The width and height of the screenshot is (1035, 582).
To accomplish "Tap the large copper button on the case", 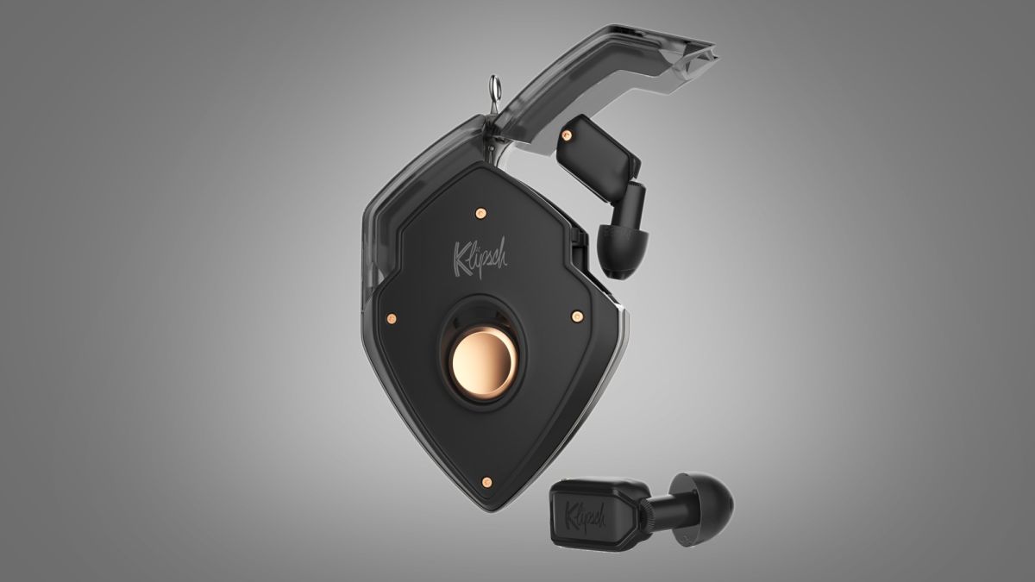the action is (x=483, y=359).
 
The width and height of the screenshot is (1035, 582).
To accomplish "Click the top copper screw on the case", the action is (x=480, y=213).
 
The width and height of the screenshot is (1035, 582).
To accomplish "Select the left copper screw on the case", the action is (x=392, y=318).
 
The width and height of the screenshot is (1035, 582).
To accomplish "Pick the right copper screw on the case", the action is (x=577, y=316).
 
